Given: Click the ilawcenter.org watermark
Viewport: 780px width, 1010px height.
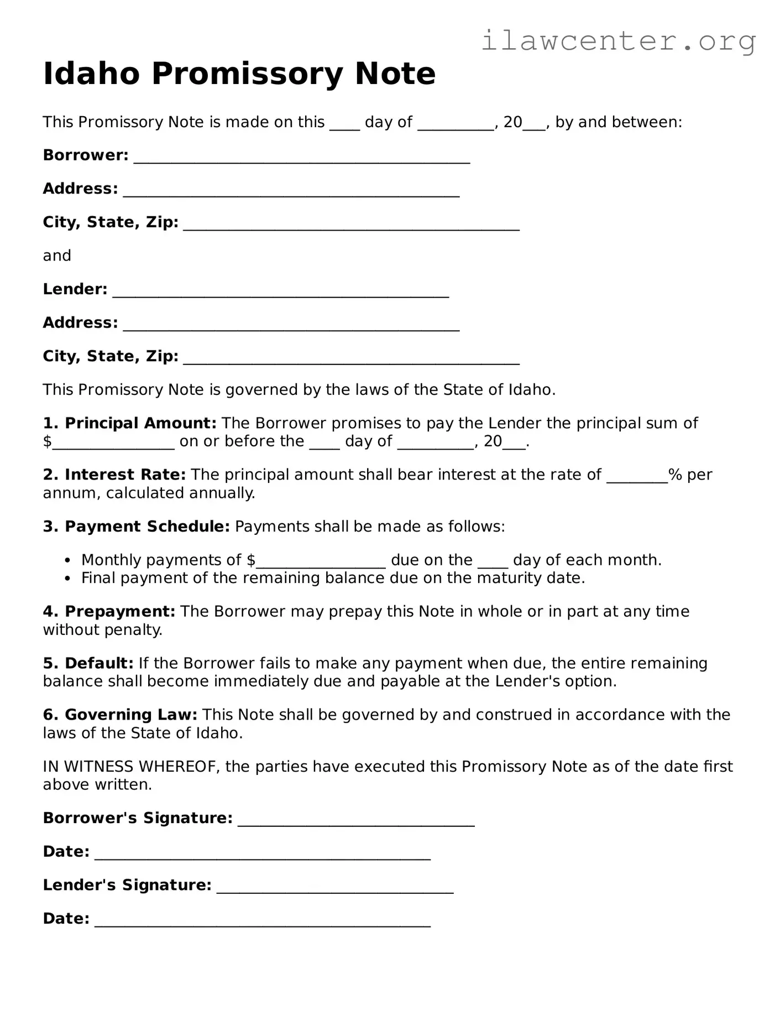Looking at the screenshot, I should tap(618, 41).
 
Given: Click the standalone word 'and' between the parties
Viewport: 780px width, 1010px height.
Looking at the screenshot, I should tap(57, 256).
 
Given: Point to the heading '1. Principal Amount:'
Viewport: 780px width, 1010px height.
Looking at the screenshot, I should tap(130, 423).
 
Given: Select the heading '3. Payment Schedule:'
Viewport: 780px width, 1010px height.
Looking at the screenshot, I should tap(136, 526).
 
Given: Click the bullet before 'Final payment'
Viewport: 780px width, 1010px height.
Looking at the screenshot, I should tap(67, 579).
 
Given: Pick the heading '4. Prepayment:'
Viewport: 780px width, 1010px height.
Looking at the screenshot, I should tap(109, 611).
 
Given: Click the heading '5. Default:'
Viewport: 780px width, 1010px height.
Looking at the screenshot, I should tap(88, 663).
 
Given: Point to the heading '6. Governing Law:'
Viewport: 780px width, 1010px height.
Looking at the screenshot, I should tap(120, 715).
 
